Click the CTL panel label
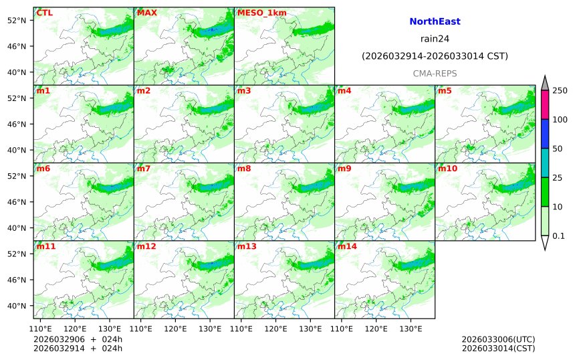click(x=44, y=13)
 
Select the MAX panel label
click(x=146, y=13)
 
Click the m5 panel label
click(x=445, y=90)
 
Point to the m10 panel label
click(x=447, y=169)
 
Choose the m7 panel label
click(x=144, y=169)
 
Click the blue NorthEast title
click(x=435, y=22)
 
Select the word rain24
click(x=435, y=39)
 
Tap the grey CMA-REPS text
click(x=435, y=72)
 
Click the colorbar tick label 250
click(x=560, y=90)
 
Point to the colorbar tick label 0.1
click(x=559, y=236)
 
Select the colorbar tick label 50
click(x=557, y=149)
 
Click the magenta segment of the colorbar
click(x=544, y=105)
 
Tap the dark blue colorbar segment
click(x=544, y=134)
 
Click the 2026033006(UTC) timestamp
click(x=498, y=339)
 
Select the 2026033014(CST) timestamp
click(x=498, y=348)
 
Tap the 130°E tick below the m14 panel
click(x=411, y=329)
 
